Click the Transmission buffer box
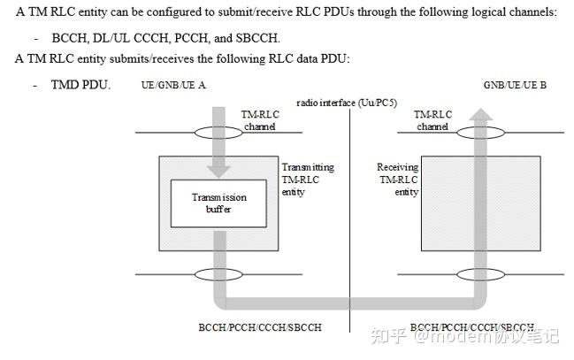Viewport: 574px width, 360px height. coord(218,203)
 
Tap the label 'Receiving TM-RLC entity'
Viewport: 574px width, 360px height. coord(397,179)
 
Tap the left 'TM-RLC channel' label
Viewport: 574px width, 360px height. coord(259,120)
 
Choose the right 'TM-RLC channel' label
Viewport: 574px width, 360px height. coord(432,120)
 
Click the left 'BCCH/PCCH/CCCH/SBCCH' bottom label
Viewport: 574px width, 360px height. coord(259,327)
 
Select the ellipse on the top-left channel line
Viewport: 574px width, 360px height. coord(218,132)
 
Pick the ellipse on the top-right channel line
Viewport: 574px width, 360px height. coord(481,132)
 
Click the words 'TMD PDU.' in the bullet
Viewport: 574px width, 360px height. coord(80,85)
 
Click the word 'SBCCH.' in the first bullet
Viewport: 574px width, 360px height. coord(257,38)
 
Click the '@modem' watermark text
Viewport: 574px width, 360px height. coord(440,336)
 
